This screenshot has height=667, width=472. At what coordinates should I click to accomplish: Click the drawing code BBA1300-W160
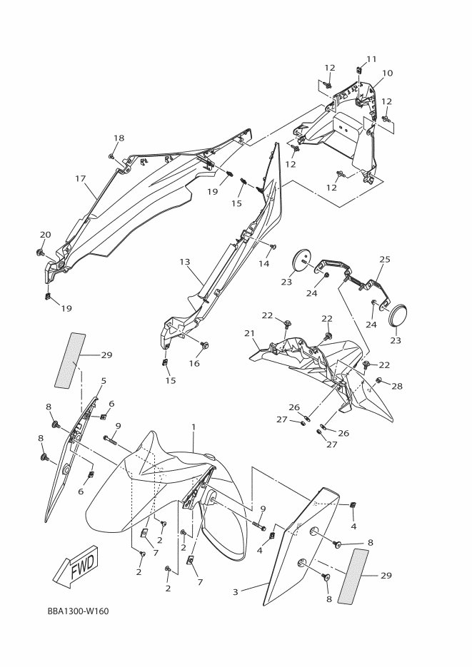coord(78,611)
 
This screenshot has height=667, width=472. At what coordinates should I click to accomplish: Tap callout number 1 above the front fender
coord(193,427)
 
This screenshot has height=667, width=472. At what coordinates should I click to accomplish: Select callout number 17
coord(80,178)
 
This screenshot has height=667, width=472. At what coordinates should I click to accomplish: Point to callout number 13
coord(185,262)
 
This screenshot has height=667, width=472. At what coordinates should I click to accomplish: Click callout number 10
coord(387,73)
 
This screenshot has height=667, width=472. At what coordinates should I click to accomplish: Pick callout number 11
coord(371,58)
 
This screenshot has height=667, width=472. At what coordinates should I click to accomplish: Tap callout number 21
coord(249,333)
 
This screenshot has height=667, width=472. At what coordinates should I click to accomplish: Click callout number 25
coord(385,259)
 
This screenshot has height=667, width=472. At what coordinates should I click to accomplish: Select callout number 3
coord(235,591)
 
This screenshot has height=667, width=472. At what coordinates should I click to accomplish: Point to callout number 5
coord(104,381)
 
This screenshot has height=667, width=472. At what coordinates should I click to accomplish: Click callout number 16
coord(194,363)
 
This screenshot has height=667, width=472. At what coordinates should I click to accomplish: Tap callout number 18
coord(119,138)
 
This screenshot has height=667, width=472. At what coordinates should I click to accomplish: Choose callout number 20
coord(45,235)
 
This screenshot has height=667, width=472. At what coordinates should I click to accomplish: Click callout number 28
coord(397,386)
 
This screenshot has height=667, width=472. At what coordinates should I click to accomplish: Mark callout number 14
coord(264,263)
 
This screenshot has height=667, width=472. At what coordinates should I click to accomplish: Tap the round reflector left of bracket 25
coord(304,260)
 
